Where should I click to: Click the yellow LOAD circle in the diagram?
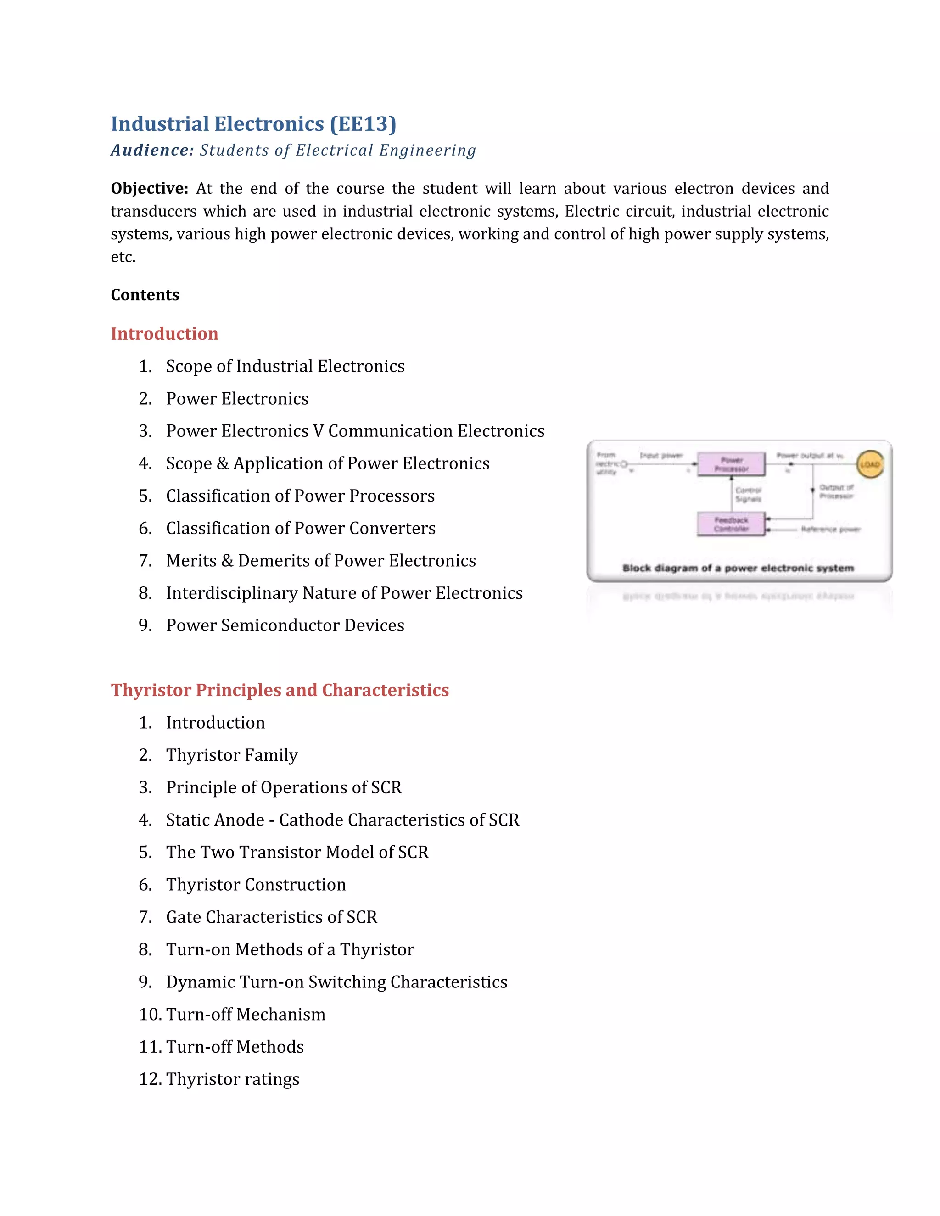pos(869,464)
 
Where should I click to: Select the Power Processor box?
pos(731,464)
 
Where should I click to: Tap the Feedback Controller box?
pos(731,524)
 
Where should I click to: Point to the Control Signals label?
pos(748,494)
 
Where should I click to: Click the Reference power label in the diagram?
pos(830,529)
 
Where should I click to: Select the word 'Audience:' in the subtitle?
pos(152,151)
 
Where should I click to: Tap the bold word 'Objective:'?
pos(149,188)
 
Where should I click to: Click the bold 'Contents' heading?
pos(145,295)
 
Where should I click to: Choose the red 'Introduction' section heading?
pos(164,334)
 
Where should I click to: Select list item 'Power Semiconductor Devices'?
pos(285,625)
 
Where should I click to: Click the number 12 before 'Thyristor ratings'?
pos(149,1079)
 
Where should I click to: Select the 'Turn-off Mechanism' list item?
pos(246,1015)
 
